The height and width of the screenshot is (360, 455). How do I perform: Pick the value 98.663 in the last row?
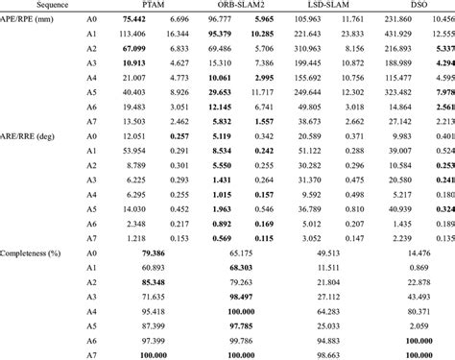(326, 355)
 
